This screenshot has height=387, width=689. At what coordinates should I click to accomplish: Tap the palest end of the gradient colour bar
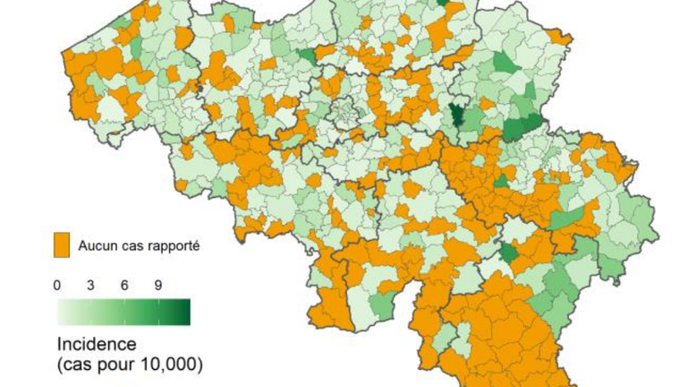tap(63, 311)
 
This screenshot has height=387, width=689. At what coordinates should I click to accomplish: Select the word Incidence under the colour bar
tap(96, 345)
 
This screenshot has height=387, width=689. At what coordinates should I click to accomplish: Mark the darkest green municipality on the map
tap(457, 116)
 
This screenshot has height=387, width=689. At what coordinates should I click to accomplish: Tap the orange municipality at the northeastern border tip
tap(561, 37)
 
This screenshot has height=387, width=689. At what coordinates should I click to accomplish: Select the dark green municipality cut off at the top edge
tap(443, 3)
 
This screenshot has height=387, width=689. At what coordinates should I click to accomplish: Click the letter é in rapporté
tap(192, 244)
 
